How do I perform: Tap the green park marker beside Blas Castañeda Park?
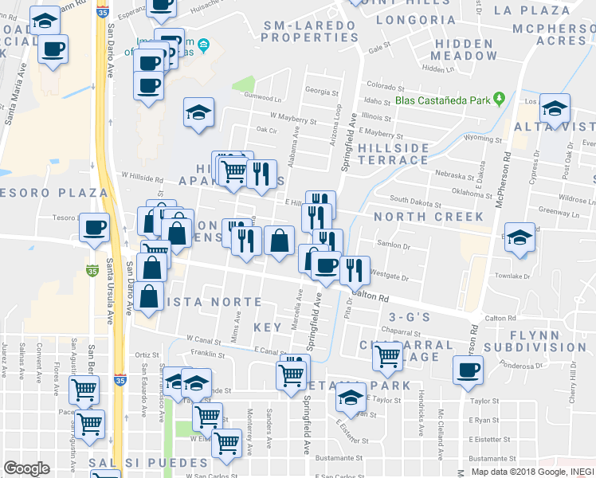coord(499,99)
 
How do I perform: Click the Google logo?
coord(26,468)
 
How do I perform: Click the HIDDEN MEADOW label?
coord(464,49)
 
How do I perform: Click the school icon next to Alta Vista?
coord(555,108)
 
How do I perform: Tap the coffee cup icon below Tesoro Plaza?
coord(94,228)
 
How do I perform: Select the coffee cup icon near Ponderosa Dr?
coord(469,370)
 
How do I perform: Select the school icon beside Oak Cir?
coord(198,112)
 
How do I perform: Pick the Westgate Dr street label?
coord(390,278)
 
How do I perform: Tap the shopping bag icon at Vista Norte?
coord(151,296)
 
